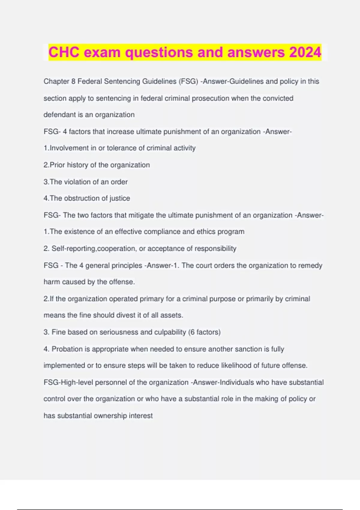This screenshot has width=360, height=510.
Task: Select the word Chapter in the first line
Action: coord(56,82)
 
